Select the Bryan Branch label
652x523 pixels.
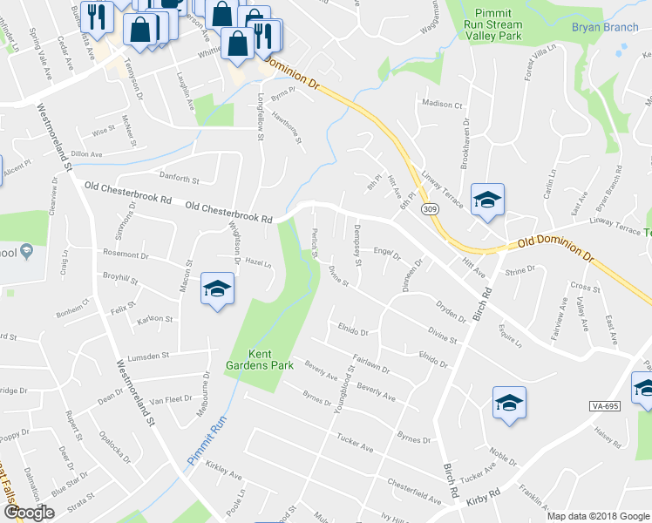pos(605,27)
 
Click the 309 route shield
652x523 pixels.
pos(429,209)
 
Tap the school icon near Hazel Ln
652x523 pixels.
pos(217,289)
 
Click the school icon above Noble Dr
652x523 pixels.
pos(509,403)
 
